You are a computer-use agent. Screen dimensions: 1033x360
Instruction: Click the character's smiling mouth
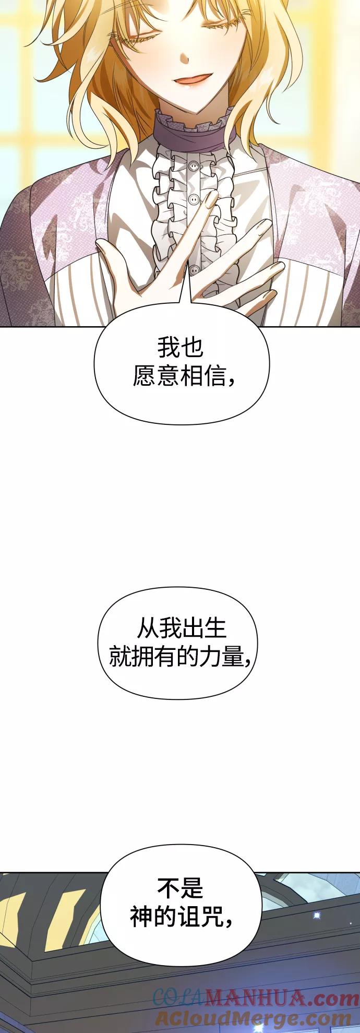click(195, 79)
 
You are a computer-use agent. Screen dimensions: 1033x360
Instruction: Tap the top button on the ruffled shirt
click(194, 167)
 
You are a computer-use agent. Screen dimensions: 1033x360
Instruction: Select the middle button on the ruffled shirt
click(193, 199)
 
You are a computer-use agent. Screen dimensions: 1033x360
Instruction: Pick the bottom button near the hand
click(194, 270)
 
